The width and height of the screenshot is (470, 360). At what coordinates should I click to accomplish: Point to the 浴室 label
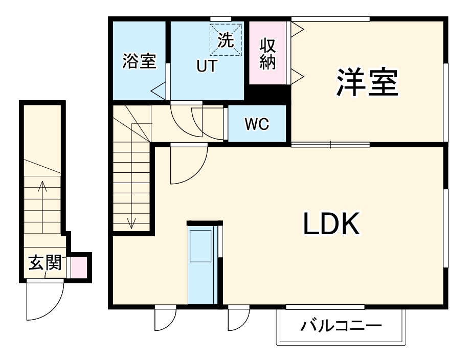(139, 61)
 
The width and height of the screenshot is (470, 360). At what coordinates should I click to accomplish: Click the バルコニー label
(341, 326)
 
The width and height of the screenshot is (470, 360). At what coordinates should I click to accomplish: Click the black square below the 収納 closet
(270, 95)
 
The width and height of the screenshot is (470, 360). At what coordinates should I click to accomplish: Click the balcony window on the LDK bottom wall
(325, 307)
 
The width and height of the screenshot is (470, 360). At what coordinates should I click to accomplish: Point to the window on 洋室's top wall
(330, 19)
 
